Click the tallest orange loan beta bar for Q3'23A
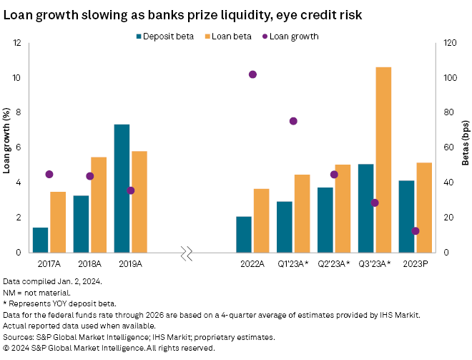[x=383, y=160]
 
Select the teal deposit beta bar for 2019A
[x=122, y=188]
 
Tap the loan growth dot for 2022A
[x=252, y=74]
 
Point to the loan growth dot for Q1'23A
[x=293, y=121]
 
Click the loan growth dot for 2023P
[x=416, y=230]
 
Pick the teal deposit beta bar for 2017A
[x=41, y=240]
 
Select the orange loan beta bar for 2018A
[x=98, y=205]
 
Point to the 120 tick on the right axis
[x=448, y=43]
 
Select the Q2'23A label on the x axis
[x=334, y=264]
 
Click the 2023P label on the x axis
[x=416, y=264]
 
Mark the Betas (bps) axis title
[x=465, y=147]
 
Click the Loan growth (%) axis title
[x=6, y=147]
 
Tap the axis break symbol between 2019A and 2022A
[x=187, y=253]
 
